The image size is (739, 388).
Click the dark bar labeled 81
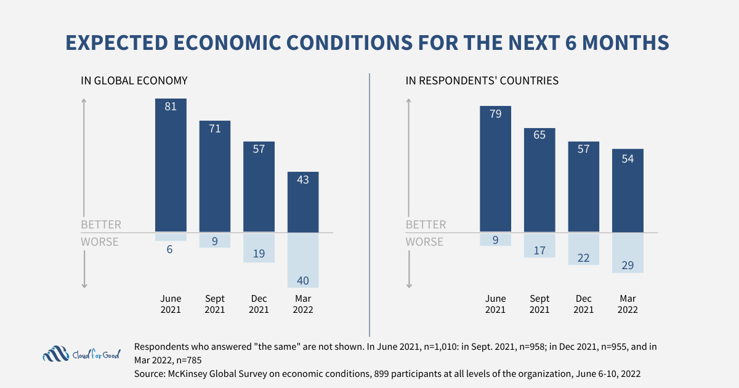click(x=171, y=165)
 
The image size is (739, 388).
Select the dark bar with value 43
click(x=303, y=202)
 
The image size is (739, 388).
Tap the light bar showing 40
click(x=303, y=261)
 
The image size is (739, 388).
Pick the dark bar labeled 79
click(x=495, y=169)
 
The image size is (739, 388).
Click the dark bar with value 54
click(x=628, y=191)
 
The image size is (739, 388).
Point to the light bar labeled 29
click(x=628, y=253)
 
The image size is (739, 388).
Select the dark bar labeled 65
click(x=539, y=180)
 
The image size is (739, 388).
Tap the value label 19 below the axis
click(x=259, y=253)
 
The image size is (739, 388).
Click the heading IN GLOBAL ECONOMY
click(x=134, y=81)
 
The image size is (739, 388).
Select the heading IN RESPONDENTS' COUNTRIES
click(x=482, y=81)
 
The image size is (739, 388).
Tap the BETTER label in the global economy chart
click(x=101, y=225)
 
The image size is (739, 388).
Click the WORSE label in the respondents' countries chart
click(x=424, y=242)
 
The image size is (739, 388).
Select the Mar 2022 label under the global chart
click(x=303, y=304)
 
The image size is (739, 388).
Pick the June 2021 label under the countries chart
click(x=495, y=304)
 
